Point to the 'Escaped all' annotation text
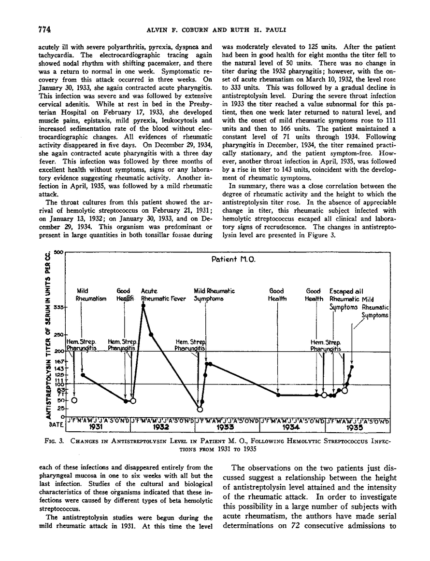pyautogui.click(x=346, y=291)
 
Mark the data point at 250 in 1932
pyautogui.click(x=152, y=334)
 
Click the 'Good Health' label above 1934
pyautogui.click(x=277, y=295)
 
